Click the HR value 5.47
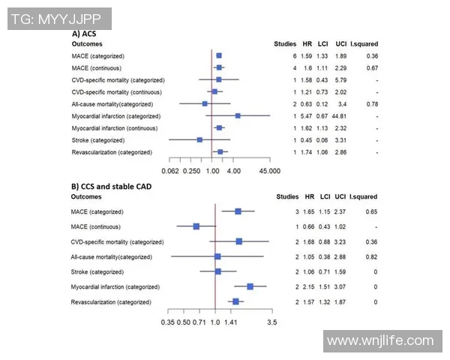pos(307,116)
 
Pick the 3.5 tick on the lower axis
pos(271,322)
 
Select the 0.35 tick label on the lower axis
pos(167,322)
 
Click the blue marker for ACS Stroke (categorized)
pos(199,140)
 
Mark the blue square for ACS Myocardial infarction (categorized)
pos(238,116)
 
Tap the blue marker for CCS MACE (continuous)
pos(196,226)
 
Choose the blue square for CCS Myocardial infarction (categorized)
pos(250,286)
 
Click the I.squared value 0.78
pos(372,103)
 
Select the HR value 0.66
pos(307,226)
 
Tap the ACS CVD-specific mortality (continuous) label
pos(115,91)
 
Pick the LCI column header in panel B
pos(324,197)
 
